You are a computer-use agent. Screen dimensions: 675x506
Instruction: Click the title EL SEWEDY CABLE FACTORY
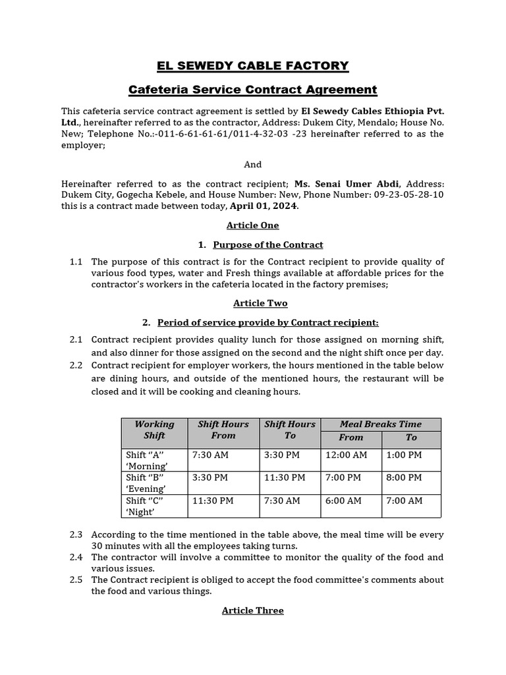pyautogui.click(x=252, y=65)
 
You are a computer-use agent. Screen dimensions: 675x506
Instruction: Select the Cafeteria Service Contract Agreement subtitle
pyautogui.click(x=252, y=89)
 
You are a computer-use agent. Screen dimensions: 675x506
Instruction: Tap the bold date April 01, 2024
pyautogui.click(x=264, y=206)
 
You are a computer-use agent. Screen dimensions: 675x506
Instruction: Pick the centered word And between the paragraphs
pyautogui.click(x=252, y=164)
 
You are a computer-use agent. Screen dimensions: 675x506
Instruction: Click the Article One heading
pyautogui.click(x=252, y=225)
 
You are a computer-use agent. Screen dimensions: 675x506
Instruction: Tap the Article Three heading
pyautogui.click(x=252, y=610)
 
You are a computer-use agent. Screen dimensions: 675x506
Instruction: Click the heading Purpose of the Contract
pyautogui.click(x=267, y=245)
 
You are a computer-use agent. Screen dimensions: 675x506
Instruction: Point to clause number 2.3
pyautogui.click(x=76, y=535)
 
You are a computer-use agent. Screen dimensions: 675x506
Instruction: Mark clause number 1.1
pyautogui.click(x=76, y=262)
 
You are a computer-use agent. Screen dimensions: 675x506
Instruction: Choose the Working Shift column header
pyautogui.click(x=154, y=430)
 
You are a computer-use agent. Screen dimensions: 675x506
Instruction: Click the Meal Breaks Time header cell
pyautogui.click(x=380, y=424)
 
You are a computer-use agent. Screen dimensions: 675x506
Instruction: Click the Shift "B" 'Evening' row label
pyautogui.click(x=146, y=483)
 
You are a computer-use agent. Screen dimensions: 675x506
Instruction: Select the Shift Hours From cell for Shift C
pyautogui.click(x=213, y=500)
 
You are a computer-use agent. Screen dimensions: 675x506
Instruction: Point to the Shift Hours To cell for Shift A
pyautogui.click(x=282, y=455)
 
